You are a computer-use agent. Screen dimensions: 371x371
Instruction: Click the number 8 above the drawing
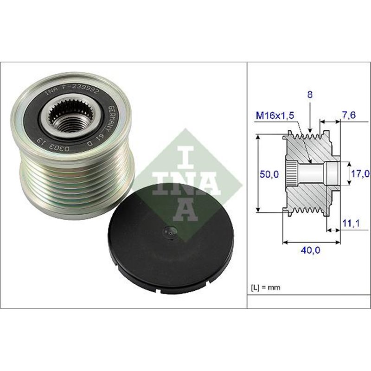click(x=310, y=94)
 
